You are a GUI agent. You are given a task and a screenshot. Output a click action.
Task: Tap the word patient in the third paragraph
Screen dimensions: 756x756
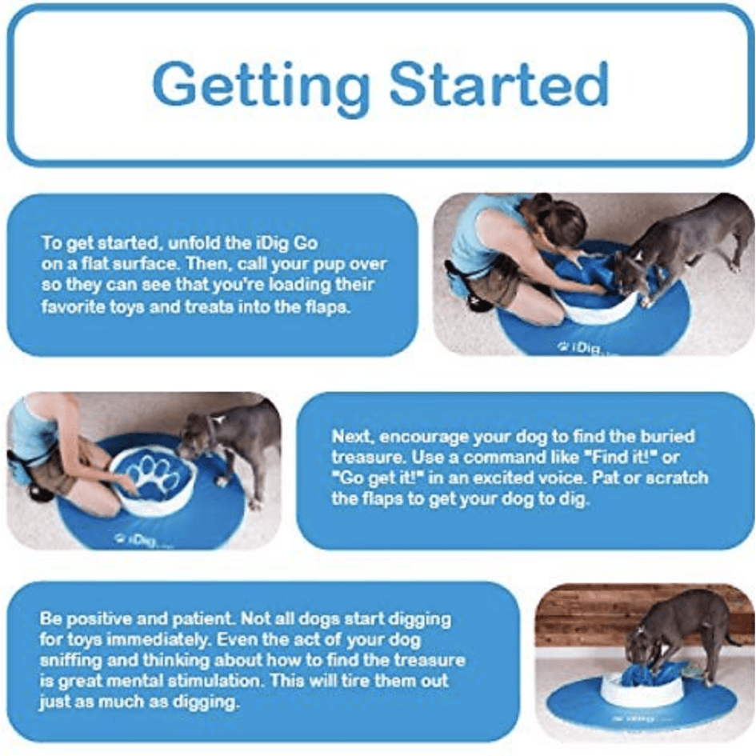[x=181, y=618]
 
